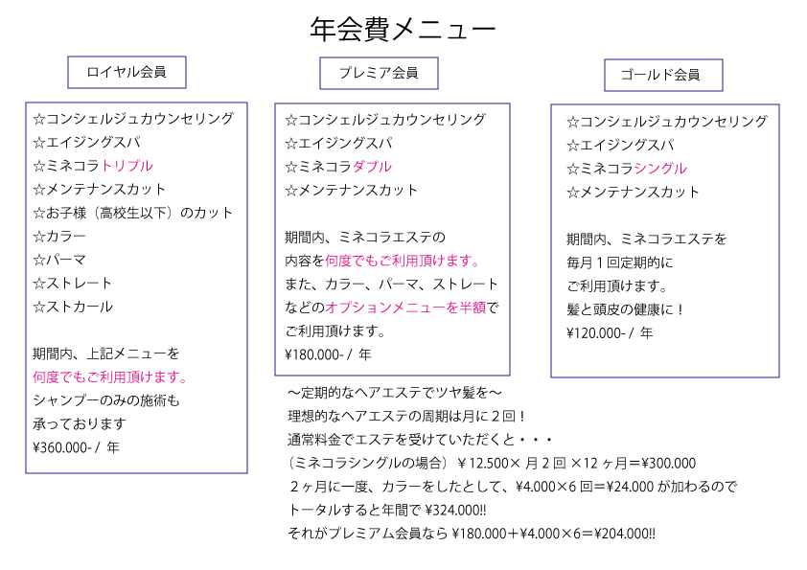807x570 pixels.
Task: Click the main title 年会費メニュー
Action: [403, 30]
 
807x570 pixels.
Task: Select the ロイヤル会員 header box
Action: [127, 73]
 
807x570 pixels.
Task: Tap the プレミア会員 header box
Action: [379, 73]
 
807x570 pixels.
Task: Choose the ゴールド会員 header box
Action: [663, 75]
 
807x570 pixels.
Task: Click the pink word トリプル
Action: [127, 166]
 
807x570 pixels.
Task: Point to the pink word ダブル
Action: [372, 167]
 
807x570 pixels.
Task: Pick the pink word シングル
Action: [660, 169]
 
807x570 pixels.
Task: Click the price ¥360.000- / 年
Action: [76, 447]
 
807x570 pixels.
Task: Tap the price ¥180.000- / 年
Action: [328, 354]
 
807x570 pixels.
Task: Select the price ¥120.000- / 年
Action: [610, 333]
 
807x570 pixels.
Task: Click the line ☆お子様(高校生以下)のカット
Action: [133, 213]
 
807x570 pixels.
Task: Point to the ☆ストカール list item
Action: [73, 307]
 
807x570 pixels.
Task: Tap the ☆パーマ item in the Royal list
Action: [59, 260]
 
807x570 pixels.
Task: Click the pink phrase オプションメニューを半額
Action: [405, 308]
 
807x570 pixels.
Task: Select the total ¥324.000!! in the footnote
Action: [456, 511]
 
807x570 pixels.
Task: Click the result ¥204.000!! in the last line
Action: [625, 534]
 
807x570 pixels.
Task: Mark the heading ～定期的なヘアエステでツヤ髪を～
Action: [394, 393]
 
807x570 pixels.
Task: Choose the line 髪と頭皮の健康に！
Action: [625, 309]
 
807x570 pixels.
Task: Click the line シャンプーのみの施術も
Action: [106, 400]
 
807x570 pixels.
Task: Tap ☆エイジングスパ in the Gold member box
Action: [620, 145]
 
